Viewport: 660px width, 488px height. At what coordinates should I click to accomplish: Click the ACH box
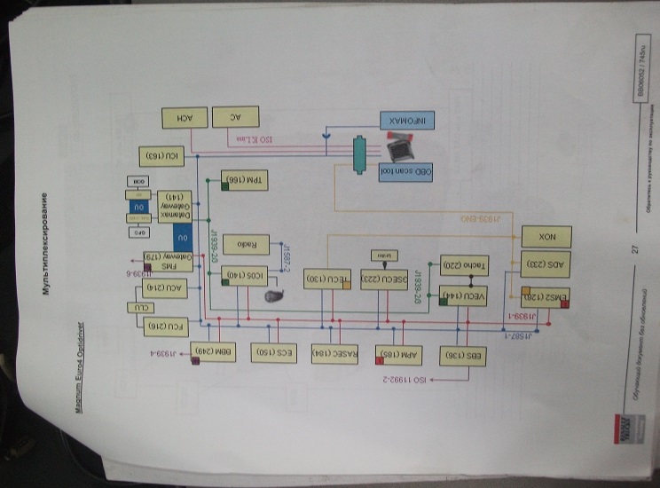[185, 117]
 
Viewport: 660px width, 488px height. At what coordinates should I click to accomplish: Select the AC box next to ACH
[237, 117]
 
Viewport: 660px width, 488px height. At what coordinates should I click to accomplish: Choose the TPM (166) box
[232, 179]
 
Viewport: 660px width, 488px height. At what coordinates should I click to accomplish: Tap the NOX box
[546, 237]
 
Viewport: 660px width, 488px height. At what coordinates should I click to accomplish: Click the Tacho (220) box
[460, 264]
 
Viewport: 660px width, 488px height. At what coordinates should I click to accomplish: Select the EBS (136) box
[460, 356]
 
